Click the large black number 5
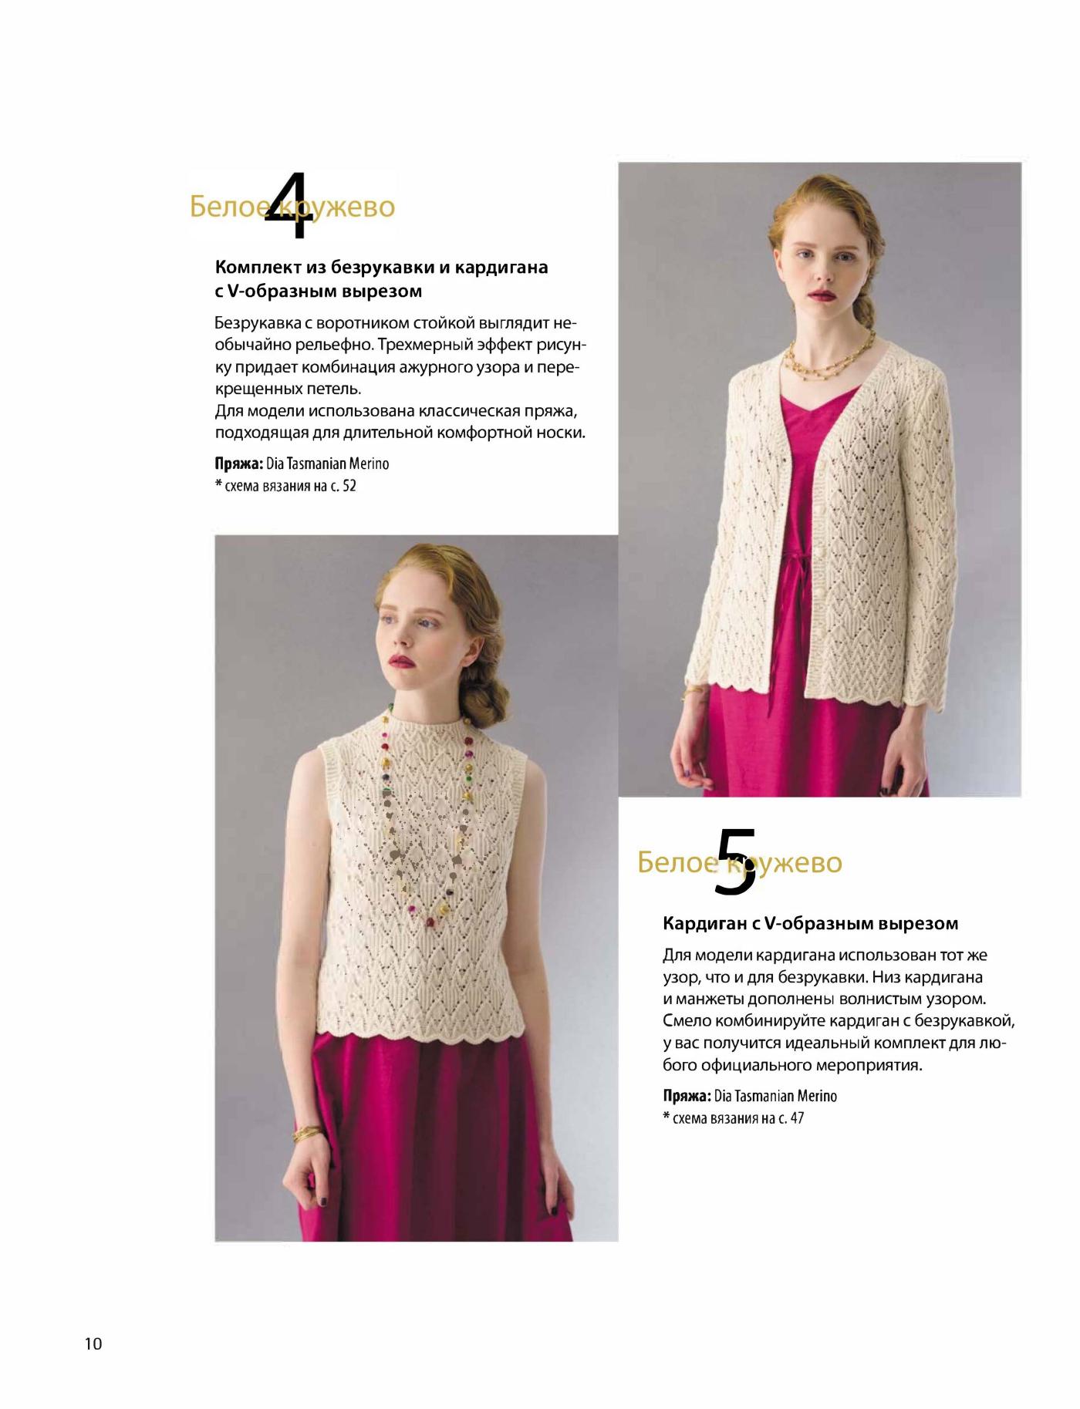735,861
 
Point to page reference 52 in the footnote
349,486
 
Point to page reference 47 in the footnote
796,1117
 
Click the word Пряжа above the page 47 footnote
687,1096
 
